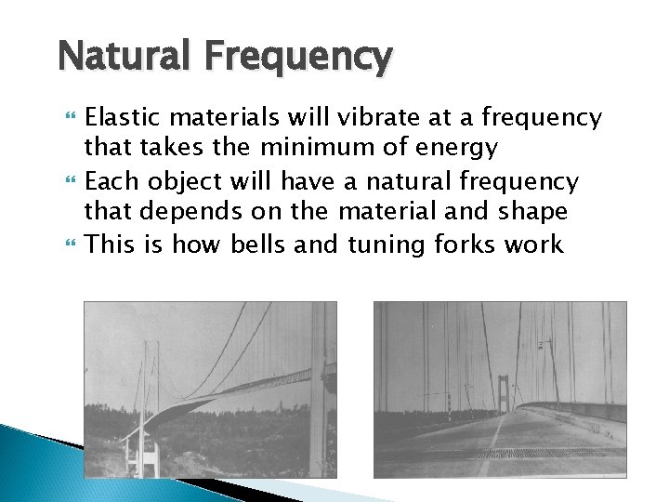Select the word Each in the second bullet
(106, 179)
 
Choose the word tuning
(383, 245)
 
